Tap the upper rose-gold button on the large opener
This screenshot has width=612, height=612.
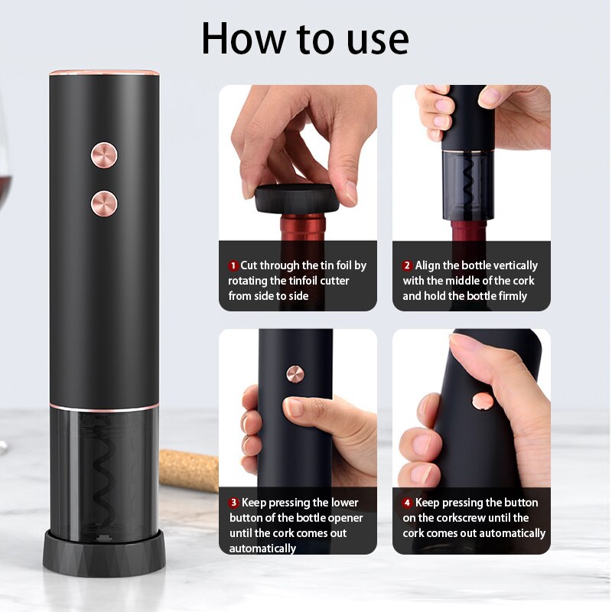pos(104,155)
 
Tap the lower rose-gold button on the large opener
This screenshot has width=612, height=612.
pos(104,203)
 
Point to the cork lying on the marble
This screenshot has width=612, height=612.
pos(189,470)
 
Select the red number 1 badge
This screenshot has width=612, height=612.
pos(233,265)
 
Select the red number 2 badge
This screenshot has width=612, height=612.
pos(407,265)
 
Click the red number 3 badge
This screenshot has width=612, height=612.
pos(233,503)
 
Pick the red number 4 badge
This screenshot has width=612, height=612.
pos(407,503)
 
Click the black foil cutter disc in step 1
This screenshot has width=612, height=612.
pos(295,198)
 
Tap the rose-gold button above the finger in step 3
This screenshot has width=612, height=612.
pos(295,374)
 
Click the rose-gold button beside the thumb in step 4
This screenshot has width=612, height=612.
pos(483,401)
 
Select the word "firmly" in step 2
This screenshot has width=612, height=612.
pos(513,296)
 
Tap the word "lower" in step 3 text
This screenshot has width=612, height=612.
pos(345,503)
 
